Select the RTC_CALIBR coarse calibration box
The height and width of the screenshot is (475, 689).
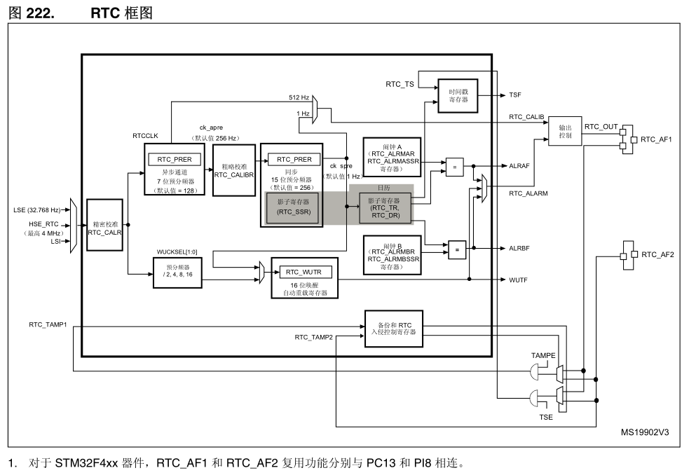point(233,171)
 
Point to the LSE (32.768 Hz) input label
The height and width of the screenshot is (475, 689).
point(36,209)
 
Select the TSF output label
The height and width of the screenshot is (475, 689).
point(514,95)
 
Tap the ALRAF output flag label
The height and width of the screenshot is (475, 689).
point(519,166)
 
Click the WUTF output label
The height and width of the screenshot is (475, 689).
point(517,279)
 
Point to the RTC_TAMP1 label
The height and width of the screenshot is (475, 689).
point(48,324)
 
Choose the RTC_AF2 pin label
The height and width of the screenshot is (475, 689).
point(657,254)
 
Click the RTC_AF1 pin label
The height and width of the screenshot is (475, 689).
point(657,139)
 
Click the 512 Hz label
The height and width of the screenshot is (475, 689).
point(300,97)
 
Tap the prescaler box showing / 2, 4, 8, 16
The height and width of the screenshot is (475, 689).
point(172,273)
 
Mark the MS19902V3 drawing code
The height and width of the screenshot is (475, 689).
point(644,432)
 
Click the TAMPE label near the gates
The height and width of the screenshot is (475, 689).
point(543,356)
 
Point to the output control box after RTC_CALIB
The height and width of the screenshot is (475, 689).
point(565,131)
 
